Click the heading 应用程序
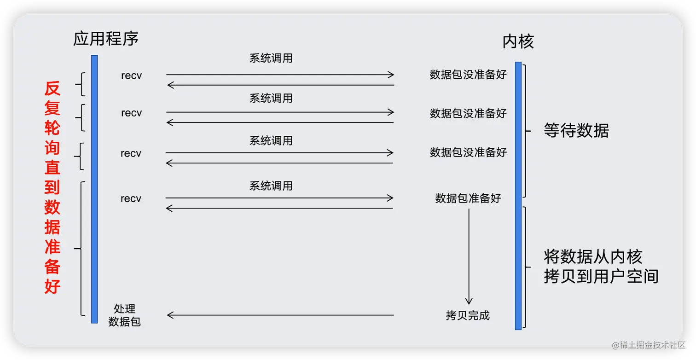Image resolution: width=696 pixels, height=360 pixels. (105, 39)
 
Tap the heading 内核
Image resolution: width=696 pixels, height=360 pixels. (518, 42)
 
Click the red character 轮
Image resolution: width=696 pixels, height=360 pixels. (52, 128)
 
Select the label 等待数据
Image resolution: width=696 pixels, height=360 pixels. (576, 131)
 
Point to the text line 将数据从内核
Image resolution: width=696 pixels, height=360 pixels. (592, 256)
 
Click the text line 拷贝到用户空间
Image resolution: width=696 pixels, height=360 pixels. (601, 276)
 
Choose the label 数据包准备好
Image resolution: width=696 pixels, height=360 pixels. (468, 198)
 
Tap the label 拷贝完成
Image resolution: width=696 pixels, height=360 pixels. (468, 315)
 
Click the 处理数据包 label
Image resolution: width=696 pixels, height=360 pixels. (124, 315)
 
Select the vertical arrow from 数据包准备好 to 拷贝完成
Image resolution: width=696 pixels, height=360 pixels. (469, 256)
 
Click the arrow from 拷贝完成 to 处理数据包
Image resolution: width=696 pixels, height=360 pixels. (280, 315)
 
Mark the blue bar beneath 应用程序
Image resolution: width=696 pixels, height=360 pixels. (94, 189)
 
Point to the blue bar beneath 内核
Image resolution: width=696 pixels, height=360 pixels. (518, 196)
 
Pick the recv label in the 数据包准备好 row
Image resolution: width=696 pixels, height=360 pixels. (131, 198)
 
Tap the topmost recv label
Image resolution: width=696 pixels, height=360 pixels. (131, 75)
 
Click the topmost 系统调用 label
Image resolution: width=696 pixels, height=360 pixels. (271, 58)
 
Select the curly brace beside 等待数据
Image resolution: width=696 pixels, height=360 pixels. (526, 131)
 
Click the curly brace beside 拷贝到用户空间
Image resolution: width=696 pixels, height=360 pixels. (526, 267)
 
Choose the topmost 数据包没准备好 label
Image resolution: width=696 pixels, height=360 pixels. (468, 75)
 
